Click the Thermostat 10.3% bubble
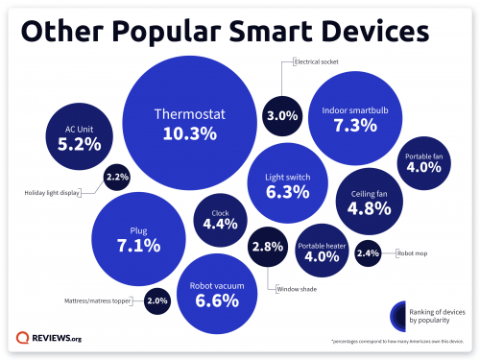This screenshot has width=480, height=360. (190, 125)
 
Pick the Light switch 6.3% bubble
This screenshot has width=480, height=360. (286, 183)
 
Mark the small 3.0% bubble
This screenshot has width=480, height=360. (280, 117)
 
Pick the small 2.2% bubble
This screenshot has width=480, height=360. (117, 178)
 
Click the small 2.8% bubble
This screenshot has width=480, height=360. (265, 247)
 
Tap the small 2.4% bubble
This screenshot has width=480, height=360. (368, 253)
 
